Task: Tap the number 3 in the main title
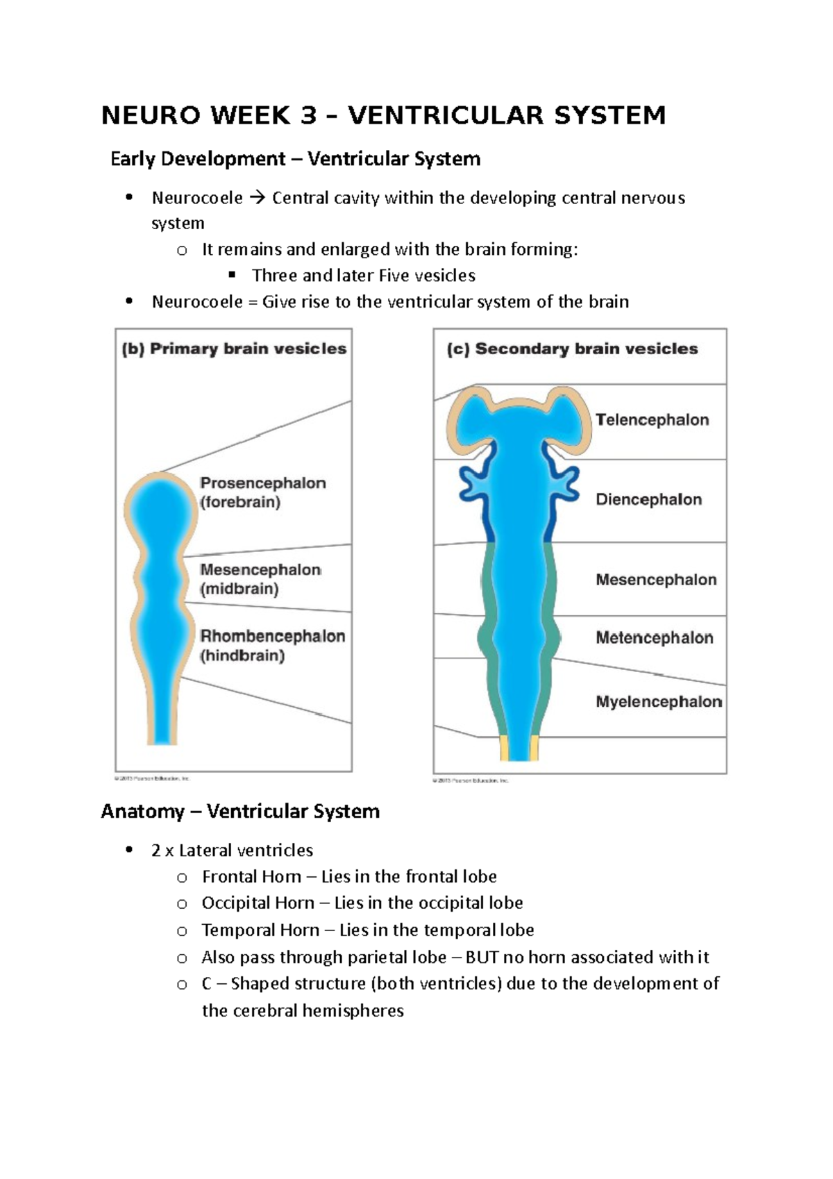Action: pyautogui.click(x=308, y=115)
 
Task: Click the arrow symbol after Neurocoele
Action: pyautogui.click(x=257, y=199)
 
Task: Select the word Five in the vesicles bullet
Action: pyautogui.click(x=394, y=276)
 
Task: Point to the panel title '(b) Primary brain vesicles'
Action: pyautogui.click(x=234, y=349)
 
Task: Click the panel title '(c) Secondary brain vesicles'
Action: pyautogui.click(x=572, y=349)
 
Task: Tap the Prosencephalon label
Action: pyautogui.click(x=263, y=483)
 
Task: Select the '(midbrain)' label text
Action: pyautogui.click(x=239, y=589)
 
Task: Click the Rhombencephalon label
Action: pyautogui.click(x=272, y=636)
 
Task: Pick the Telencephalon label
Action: pyautogui.click(x=652, y=419)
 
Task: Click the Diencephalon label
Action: pyautogui.click(x=648, y=499)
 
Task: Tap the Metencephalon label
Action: pyautogui.click(x=654, y=637)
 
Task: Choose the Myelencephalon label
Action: pyautogui.click(x=658, y=701)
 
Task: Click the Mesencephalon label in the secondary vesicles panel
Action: pyautogui.click(x=656, y=579)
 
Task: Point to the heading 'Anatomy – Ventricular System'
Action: pyautogui.click(x=240, y=811)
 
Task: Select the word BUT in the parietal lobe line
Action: pyautogui.click(x=482, y=958)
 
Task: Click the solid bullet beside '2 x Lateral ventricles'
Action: pyautogui.click(x=128, y=850)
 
